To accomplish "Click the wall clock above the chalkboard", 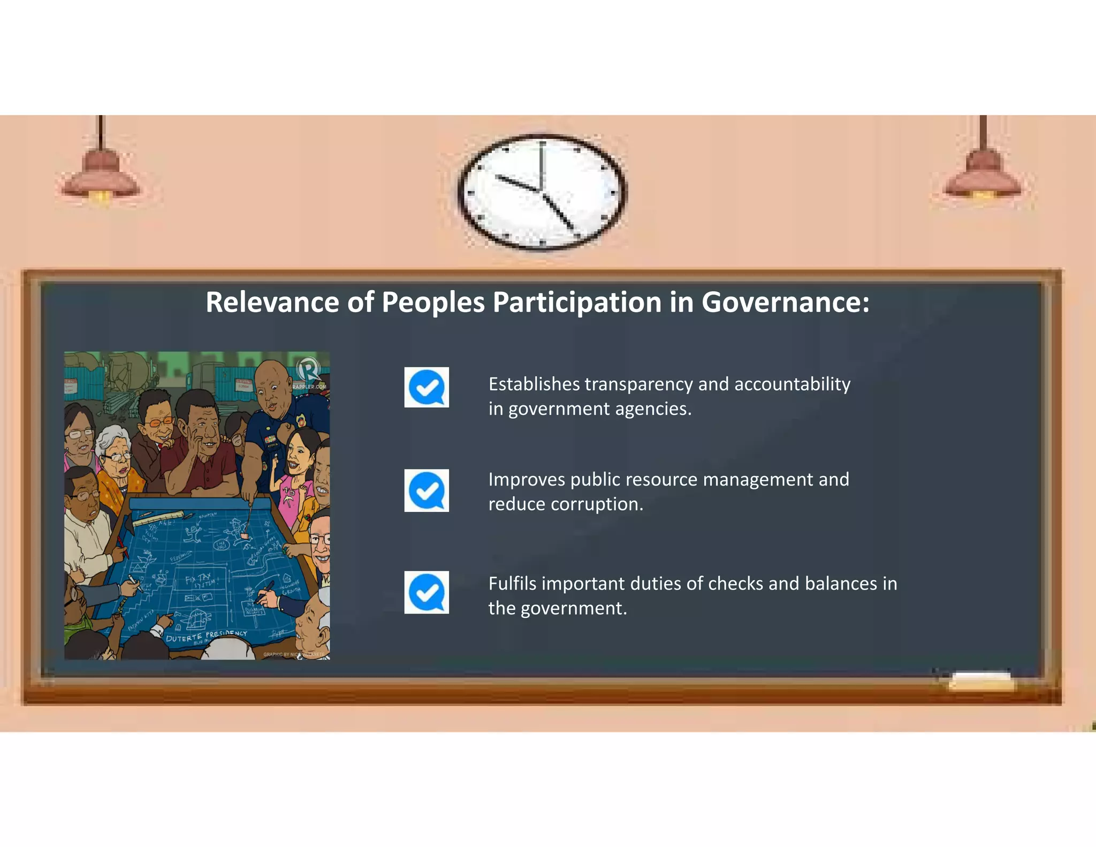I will (x=542, y=192).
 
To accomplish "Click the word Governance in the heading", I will (x=785, y=302).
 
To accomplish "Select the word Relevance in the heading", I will (x=272, y=302).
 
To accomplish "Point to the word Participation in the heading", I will (x=577, y=302).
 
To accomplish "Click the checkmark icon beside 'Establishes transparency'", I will (x=427, y=387).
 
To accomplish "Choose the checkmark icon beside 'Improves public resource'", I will (x=427, y=490).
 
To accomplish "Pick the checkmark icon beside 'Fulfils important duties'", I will (x=427, y=592).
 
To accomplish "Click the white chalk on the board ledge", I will (x=981, y=682).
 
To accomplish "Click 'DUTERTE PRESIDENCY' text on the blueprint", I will (x=206, y=636).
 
